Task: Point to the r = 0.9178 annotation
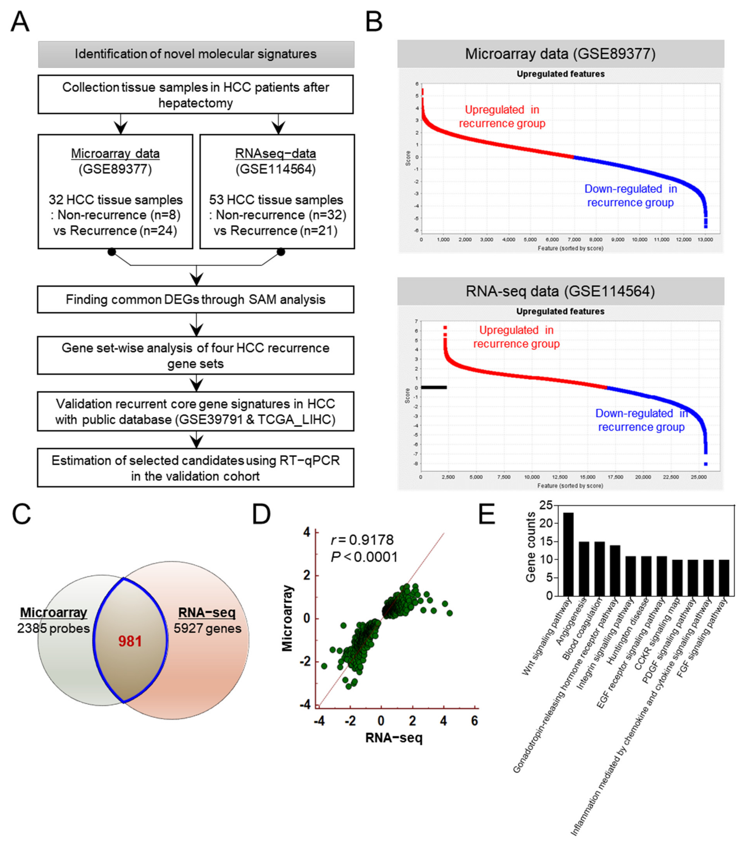(x=362, y=540)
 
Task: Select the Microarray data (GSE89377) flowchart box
(x=115, y=192)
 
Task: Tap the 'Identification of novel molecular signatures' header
(x=196, y=54)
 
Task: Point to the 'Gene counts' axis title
(x=530, y=547)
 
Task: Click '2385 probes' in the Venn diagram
(x=54, y=629)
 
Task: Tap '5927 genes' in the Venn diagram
(x=207, y=629)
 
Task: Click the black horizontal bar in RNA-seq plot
(x=434, y=387)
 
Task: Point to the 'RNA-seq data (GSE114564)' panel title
(x=560, y=291)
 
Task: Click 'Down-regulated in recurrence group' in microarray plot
(x=630, y=196)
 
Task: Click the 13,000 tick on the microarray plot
(x=705, y=240)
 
